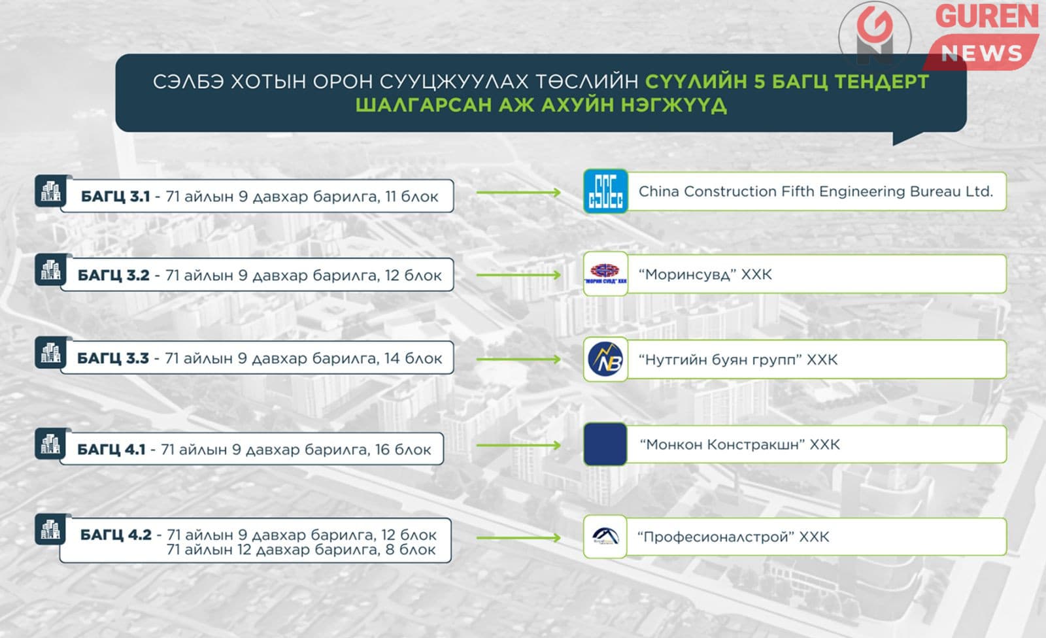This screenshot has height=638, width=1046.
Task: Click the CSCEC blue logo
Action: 605,191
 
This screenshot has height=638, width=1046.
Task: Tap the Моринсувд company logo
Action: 605,274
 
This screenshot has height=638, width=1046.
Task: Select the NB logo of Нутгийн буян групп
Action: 605,359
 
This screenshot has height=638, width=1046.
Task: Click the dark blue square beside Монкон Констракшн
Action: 605,444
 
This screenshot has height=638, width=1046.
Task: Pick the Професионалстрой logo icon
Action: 605,537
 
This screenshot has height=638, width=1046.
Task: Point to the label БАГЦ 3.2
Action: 114,275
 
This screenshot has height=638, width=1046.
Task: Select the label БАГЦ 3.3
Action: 113,358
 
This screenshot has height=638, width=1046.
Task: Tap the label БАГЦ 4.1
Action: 111,449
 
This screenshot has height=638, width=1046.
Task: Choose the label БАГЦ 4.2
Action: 116,534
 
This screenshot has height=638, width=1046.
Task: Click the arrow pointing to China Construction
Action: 518,192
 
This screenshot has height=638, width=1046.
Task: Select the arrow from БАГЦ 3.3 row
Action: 518,359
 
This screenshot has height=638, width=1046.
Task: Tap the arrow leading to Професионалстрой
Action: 518,537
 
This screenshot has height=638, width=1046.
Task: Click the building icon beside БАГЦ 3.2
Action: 51,270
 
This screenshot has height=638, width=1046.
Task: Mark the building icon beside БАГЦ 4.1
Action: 51,444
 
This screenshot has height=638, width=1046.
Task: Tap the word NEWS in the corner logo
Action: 981,53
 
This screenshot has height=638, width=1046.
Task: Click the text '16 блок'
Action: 403,449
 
